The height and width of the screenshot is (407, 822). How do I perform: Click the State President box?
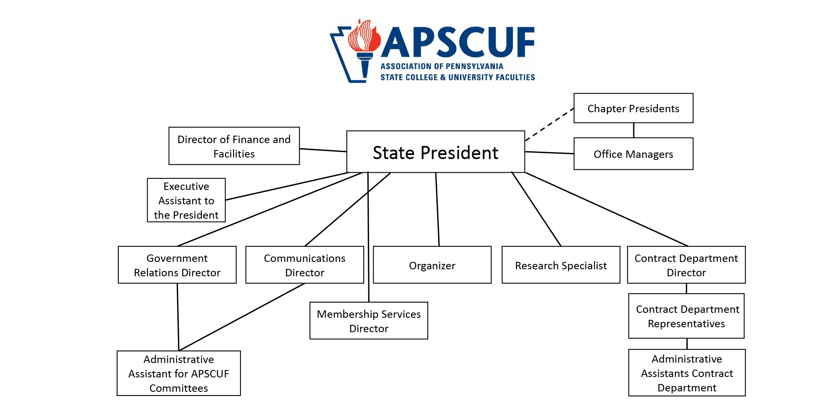point(436,152)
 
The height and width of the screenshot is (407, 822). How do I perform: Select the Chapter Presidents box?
point(633,108)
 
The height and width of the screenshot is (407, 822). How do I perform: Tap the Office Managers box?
point(633,154)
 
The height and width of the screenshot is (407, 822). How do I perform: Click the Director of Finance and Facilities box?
point(234,146)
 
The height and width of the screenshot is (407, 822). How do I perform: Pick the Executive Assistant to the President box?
point(186,200)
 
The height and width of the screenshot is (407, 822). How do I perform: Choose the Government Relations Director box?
point(177,265)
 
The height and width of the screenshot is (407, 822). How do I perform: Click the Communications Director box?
point(305,265)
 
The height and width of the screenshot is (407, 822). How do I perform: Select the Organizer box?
point(432,265)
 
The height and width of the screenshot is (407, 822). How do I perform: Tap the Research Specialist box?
point(561,265)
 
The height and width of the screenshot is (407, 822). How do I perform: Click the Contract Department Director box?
point(686,265)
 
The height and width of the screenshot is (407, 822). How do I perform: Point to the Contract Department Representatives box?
point(686,316)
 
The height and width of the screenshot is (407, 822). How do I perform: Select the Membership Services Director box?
point(369,321)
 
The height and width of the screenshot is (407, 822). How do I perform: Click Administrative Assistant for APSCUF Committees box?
point(179,373)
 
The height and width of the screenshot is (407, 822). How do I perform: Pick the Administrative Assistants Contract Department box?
point(687,373)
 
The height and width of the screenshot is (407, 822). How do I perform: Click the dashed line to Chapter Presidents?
point(550,125)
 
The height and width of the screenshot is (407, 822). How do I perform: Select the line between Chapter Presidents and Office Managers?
point(634,130)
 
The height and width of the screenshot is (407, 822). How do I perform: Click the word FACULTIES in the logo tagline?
point(514,77)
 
